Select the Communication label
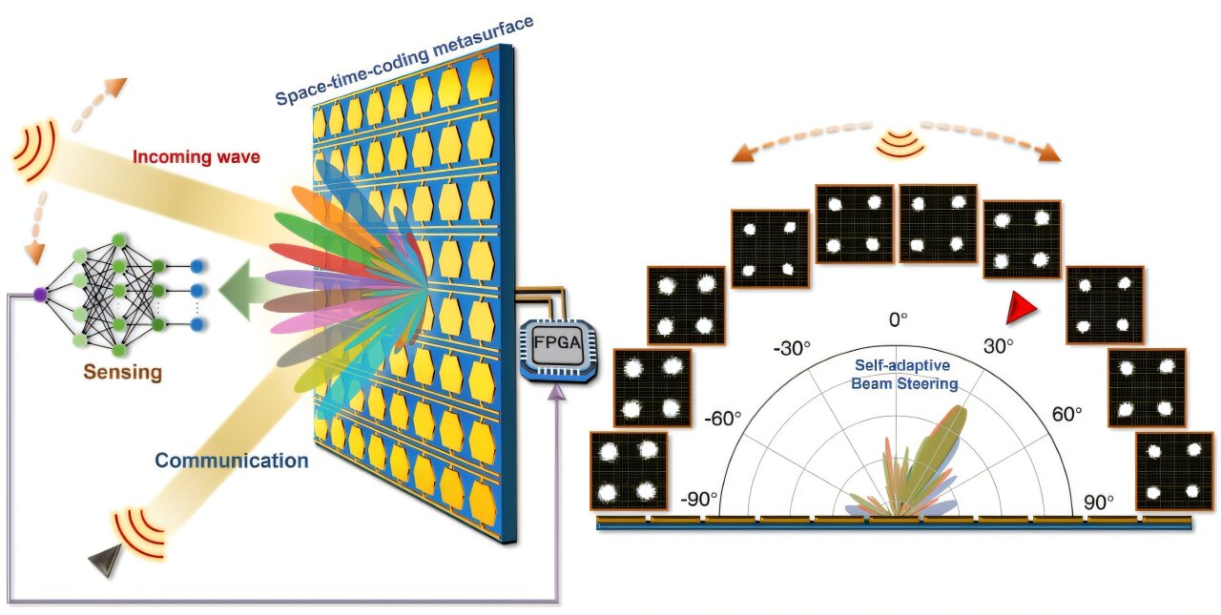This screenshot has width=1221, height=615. [232, 461]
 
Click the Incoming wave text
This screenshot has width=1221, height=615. [196, 156]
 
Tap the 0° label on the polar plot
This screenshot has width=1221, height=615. [899, 320]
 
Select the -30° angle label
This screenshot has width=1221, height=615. [793, 348]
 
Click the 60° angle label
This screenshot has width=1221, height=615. [1066, 415]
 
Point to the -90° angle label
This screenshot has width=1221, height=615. [698, 501]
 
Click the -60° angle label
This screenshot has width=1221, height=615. [723, 418]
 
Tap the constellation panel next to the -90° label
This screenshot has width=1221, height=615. [629, 470]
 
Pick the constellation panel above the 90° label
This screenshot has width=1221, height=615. [1172, 470]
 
